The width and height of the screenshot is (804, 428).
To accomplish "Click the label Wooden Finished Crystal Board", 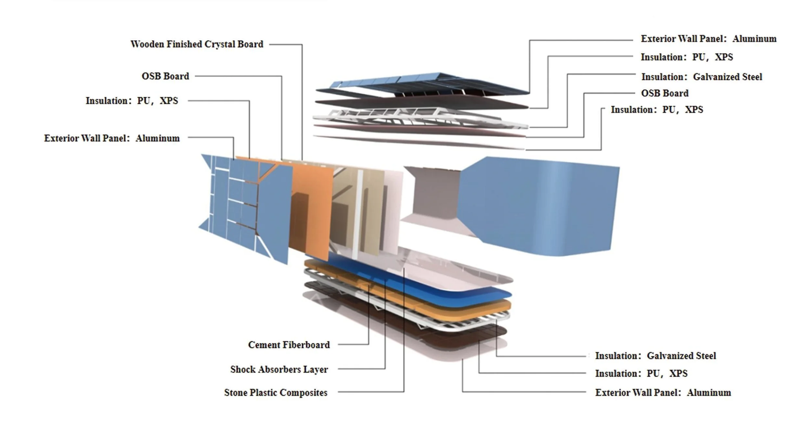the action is click(197, 44).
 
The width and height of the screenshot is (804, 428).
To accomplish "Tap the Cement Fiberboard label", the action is click(289, 345).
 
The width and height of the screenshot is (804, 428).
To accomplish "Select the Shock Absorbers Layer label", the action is click(279, 369).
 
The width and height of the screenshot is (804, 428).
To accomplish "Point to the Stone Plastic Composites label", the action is click(276, 393).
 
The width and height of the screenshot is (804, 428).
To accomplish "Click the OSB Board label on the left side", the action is click(165, 76).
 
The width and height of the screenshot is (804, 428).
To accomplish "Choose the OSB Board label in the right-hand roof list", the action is click(665, 93).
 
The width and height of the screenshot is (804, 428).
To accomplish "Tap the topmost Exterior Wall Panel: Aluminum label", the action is click(708, 39).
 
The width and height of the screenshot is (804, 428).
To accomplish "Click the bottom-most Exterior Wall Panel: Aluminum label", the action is click(663, 393).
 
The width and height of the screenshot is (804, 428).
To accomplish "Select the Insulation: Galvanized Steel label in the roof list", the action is click(701, 77).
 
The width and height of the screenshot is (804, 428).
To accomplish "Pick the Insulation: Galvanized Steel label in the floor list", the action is click(655, 356).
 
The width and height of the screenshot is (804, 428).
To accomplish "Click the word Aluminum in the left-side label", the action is click(157, 138).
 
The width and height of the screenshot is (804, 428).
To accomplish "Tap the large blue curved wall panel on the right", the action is click(539, 205).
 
